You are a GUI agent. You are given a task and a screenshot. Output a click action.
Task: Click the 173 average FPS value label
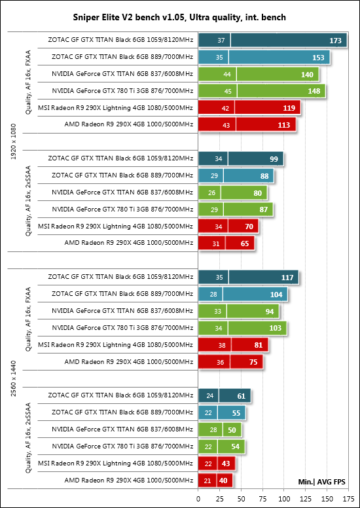[x=335, y=41]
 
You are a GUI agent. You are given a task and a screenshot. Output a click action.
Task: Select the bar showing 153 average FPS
[x=264, y=58]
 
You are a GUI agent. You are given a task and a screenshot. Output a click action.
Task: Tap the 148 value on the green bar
[x=314, y=92]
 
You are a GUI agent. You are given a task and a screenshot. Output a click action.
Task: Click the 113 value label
[x=284, y=125]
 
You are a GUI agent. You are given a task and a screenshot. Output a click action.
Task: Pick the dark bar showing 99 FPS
[x=241, y=159]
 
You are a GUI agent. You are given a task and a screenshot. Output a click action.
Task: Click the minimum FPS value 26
[x=212, y=192]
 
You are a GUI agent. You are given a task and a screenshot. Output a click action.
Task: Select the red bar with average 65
[x=226, y=244]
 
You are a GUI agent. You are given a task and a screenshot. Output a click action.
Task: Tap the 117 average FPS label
[x=287, y=278]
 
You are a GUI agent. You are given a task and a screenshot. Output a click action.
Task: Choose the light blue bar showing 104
[x=243, y=295]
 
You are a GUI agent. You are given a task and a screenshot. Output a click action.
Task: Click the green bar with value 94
[x=238, y=312]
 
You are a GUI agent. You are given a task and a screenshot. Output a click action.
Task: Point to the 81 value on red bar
[x=259, y=346]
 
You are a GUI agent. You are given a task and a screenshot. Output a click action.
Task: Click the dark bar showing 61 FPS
[x=225, y=396]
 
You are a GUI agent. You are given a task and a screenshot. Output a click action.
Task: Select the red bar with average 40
[x=215, y=481]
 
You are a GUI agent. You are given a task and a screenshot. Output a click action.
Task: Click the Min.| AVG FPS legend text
[x=321, y=482]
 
